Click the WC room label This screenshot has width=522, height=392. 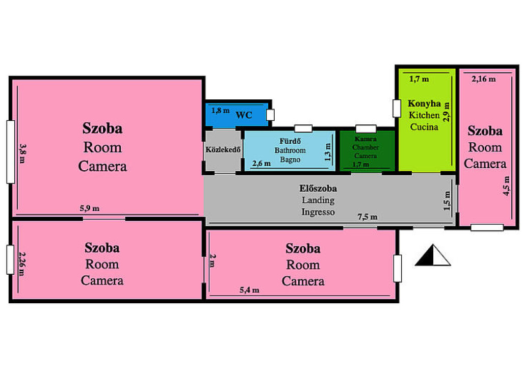[244, 115]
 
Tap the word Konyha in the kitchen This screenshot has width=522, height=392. [424, 103]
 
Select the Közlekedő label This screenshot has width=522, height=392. [223, 150]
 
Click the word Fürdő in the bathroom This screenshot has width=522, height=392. [290, 141]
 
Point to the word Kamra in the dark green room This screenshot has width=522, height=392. [366, 139]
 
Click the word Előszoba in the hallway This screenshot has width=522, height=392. [318, 188]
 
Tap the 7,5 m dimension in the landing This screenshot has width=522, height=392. [368, 217]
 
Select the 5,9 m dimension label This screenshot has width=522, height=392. [90, 208]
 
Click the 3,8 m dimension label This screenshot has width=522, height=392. [22, 153]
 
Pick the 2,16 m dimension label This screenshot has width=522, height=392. [483, 79]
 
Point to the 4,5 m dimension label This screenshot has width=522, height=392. [506, 186]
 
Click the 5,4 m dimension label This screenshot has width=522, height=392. [249, 290]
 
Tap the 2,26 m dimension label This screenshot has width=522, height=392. [21, 264]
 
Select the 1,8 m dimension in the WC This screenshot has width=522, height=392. [220, 111]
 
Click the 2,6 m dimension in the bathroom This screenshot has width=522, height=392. [262, 164]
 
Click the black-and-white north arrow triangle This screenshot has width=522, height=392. [433, 255]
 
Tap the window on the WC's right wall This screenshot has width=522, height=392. [270, 115]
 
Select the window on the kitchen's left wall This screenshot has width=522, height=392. [397, 109]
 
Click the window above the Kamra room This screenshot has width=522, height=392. [366, 129]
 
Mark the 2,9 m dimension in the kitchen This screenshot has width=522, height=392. [447, 112]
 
